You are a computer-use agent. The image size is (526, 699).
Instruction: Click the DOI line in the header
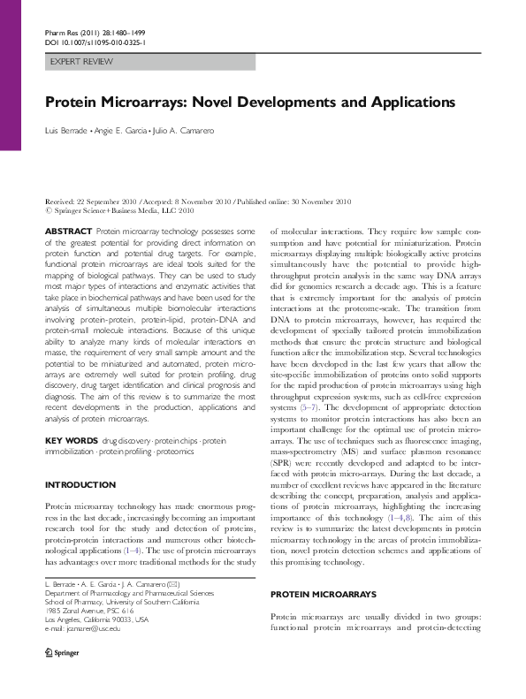click(x=95, y=41)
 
